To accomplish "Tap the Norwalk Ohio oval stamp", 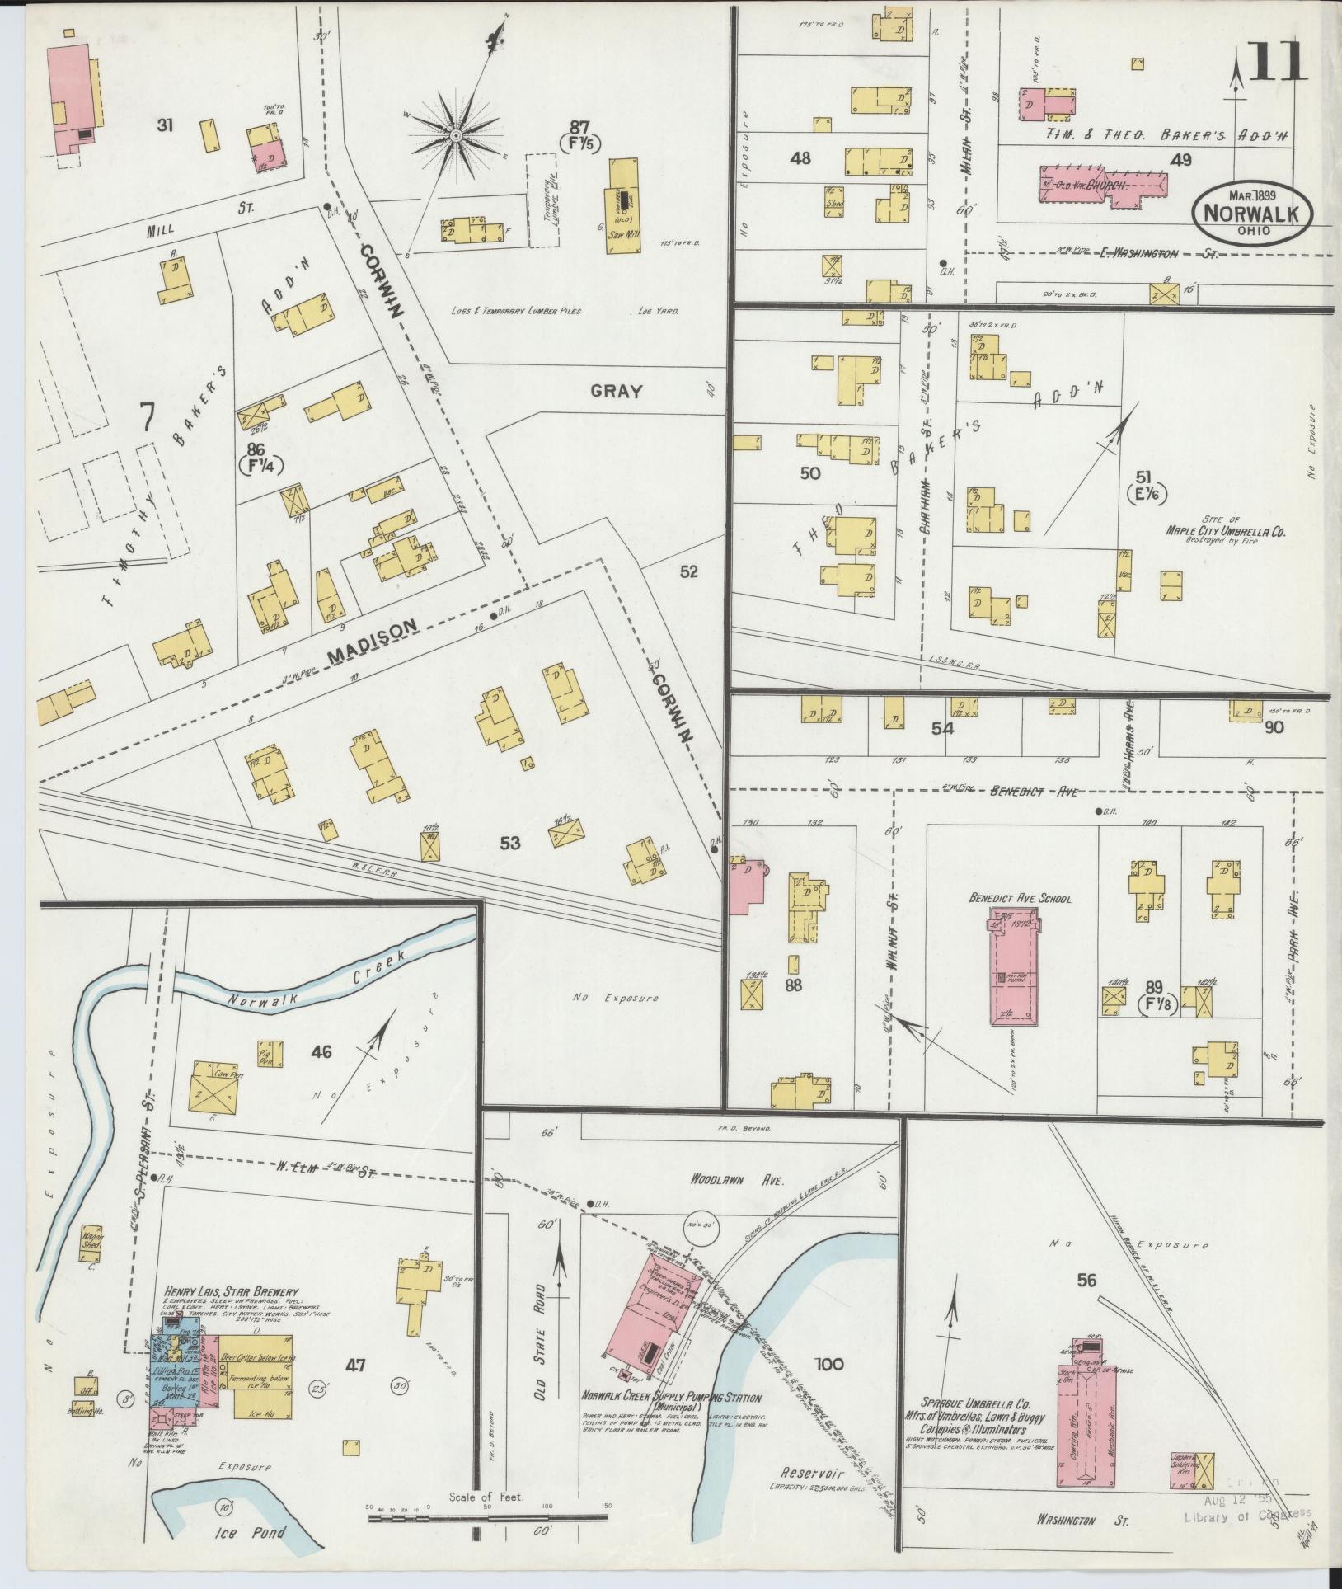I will point(1250,211).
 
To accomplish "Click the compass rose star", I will point(455,134).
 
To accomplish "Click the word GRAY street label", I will point(616,392).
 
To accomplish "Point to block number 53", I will point(510,843).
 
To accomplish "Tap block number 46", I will point(321,1051).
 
